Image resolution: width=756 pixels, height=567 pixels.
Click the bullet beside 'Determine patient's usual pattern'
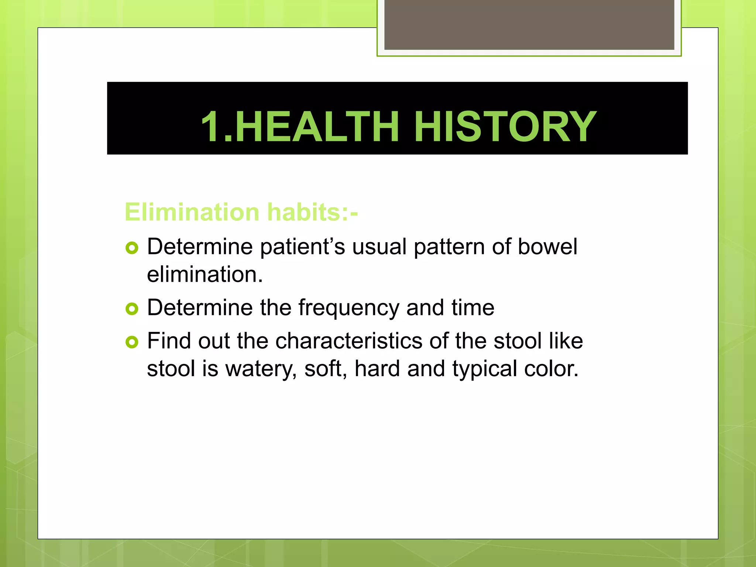tap(132, 247)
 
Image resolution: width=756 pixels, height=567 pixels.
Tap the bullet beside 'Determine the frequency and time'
tap(132, 309)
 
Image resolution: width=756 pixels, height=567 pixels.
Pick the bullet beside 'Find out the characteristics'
tap(132, 342)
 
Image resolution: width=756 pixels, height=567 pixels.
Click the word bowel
tap(547, 247)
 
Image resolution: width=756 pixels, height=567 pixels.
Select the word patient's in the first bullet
tap(302, 247)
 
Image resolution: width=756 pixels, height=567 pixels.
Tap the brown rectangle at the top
tap(529, 24)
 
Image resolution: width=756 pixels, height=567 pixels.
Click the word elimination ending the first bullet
tap(205, 275)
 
